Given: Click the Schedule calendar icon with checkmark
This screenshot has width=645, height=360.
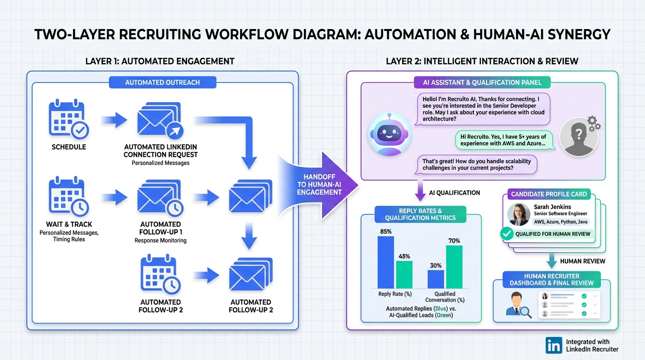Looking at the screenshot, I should point(68,120).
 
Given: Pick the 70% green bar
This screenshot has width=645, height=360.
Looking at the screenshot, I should point(454,266).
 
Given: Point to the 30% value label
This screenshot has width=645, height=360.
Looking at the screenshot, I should point(435,265).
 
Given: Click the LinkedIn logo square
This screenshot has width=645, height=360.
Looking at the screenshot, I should point(554,345).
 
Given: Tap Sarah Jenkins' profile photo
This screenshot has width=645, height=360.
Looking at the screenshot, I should point(519,214).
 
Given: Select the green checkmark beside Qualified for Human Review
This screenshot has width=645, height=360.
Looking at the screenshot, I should point(507,233).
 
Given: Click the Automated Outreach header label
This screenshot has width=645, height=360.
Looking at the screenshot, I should point(162,82).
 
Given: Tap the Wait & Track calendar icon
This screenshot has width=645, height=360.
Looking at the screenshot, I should point(68,197).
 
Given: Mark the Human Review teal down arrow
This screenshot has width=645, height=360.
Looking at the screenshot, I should point(551,261).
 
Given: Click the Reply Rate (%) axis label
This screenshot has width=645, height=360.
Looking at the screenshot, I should point(394,294).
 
